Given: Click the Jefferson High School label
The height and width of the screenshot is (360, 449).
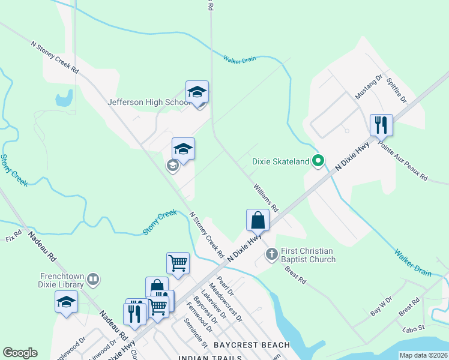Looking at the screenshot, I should [149, 103].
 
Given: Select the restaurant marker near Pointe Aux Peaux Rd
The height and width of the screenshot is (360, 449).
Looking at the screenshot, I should [381, 126].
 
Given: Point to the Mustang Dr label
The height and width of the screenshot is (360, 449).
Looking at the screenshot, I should [369, 88].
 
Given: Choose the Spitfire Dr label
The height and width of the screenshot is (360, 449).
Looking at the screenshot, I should [397, 89].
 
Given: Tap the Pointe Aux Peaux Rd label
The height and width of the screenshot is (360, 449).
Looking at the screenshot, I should [402, 162].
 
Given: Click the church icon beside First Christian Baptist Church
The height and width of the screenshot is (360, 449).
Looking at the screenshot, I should [271, 255].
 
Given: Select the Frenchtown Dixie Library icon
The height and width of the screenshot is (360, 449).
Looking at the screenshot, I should [93, 278].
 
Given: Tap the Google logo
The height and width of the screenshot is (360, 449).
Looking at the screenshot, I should [20, 353].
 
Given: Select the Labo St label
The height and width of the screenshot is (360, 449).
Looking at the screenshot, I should [414, 328].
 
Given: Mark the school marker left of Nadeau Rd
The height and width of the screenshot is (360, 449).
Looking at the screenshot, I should [66, 302].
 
